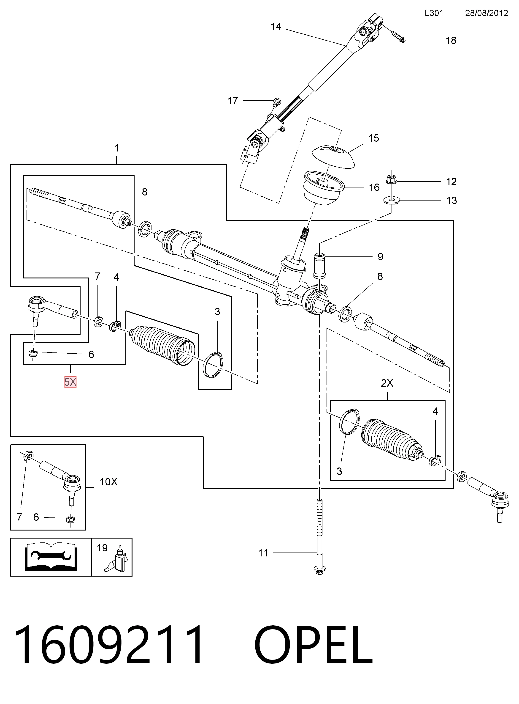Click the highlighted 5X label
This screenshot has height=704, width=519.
tap(70, 382)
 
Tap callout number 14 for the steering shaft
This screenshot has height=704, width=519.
tap(276, 27)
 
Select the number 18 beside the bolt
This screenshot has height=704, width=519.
tap(451, 41)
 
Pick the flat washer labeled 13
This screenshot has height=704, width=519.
tap(392, 200)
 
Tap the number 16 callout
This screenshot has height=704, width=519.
tap(374, 187)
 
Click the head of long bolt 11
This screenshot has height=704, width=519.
tap(319, 570)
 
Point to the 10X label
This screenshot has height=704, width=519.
tap(108, 482)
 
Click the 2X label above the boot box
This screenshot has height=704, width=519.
tap(387, 383)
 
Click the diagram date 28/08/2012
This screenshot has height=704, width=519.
tap(486, 13)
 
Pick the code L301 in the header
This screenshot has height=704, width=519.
tap(434, 13)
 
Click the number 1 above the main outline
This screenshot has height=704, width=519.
tap(116, 148)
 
